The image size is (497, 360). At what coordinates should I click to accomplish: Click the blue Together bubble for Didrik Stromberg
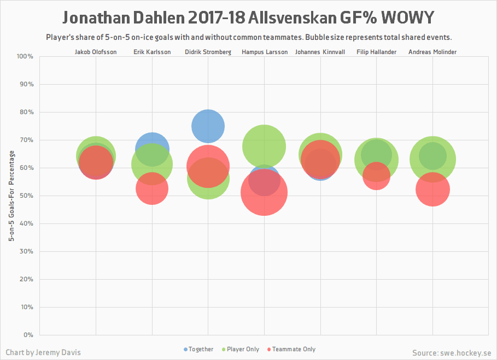[x=208, y=126]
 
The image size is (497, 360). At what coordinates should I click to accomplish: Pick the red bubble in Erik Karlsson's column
[x=152, y=188]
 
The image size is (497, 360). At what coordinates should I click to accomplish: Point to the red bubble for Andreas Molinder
[x=432, y=190]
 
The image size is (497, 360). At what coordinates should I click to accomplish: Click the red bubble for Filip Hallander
[x=376, y=176]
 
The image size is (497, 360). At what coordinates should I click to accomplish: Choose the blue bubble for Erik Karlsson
[x=152, y=145]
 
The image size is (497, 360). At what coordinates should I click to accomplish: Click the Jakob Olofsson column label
[x=96, y=52]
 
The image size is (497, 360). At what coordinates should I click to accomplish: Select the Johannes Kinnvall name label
[x=320, y=52]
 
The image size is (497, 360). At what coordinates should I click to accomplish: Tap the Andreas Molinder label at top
[x=432, y=52]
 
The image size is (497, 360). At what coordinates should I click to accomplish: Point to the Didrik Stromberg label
[x=208, y=52]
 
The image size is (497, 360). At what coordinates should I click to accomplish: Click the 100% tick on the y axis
[x=25, y=56]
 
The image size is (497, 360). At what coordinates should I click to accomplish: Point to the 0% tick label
[x=28, y=334]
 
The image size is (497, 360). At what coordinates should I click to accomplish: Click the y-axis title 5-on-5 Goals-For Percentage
[x=11, y=195]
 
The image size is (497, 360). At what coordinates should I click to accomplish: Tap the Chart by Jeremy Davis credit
[x=43, y=352]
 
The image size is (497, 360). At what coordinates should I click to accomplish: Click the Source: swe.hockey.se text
[x=452, y=352]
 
